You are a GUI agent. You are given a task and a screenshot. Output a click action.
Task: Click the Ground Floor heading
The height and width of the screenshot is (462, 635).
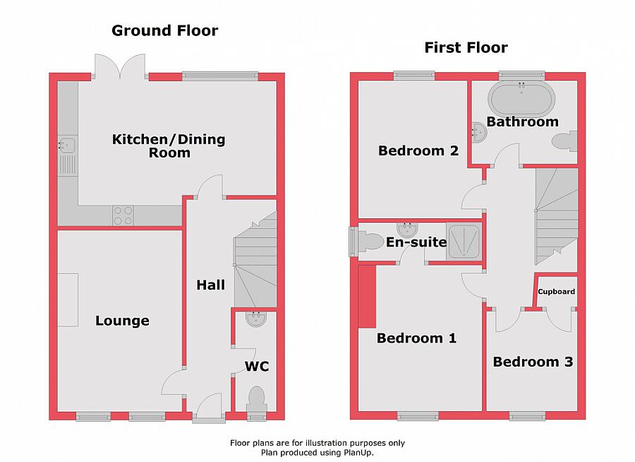tap(165, 30)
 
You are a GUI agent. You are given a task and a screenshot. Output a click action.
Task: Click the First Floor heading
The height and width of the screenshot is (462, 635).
tap(466, 48)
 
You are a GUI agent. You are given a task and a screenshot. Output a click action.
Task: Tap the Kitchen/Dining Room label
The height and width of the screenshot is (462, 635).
tap(169, 146)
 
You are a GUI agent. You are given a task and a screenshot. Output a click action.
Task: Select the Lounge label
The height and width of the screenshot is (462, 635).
tap(122, 321)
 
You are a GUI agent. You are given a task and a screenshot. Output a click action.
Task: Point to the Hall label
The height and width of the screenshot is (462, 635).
tap(210, 285)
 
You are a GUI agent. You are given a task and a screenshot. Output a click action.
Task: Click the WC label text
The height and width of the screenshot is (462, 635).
tap(256, 367)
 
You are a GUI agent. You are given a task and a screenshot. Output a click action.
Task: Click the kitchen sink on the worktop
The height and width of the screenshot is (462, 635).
tap(67, 145)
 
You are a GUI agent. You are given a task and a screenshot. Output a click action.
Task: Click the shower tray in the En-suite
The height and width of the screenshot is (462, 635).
tap(464, 242)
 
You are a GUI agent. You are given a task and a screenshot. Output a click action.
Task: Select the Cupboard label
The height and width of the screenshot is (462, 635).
tap(557, 291)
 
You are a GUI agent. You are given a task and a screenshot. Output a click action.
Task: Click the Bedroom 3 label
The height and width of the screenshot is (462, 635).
tap(533, 362)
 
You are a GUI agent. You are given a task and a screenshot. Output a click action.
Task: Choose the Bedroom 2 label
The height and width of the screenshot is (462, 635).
tap(418, 150)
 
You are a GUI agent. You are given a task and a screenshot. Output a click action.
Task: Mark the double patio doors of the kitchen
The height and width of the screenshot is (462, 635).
tap(120, 67)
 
